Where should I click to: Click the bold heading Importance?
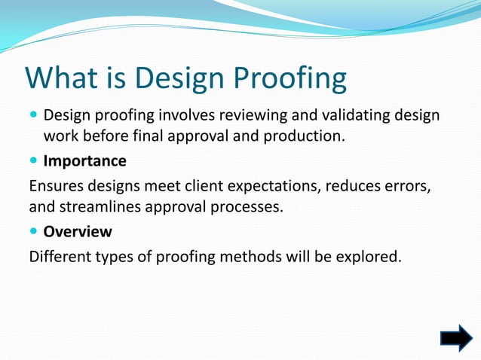pos(84,161)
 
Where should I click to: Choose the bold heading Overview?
pos(78,231)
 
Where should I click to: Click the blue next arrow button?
pos(455,338)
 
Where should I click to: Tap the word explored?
pos(369,256)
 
